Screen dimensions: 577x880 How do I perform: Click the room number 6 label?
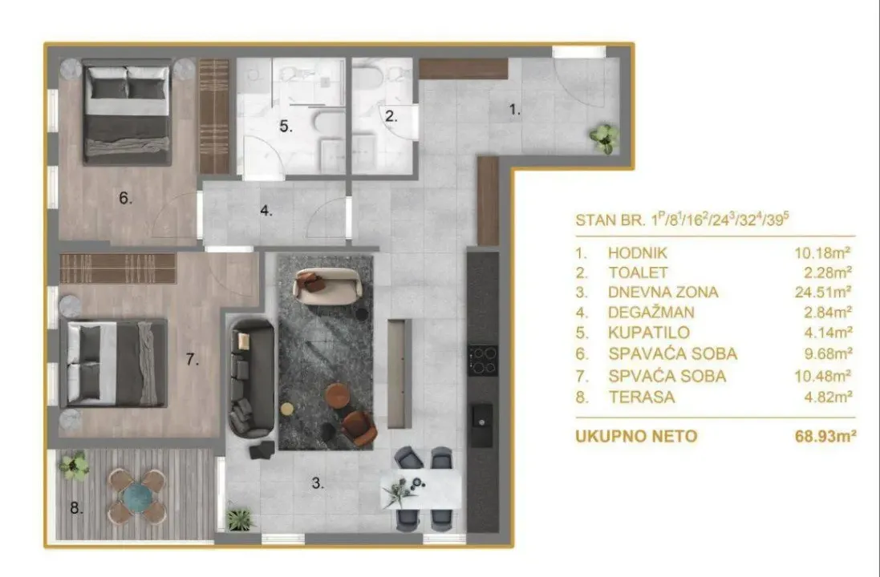125,198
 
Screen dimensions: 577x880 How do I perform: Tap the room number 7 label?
192,360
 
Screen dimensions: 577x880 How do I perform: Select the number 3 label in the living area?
318,482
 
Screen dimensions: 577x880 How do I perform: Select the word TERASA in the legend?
641,397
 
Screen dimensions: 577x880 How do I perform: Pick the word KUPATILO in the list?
649,333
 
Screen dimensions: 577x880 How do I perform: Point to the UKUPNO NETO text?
636,436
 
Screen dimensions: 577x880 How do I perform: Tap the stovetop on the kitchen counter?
483,360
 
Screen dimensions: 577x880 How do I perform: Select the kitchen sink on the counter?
482,414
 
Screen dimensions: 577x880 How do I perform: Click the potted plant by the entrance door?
603,138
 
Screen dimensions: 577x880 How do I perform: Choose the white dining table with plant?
421,488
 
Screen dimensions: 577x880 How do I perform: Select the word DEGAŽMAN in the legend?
651,313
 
